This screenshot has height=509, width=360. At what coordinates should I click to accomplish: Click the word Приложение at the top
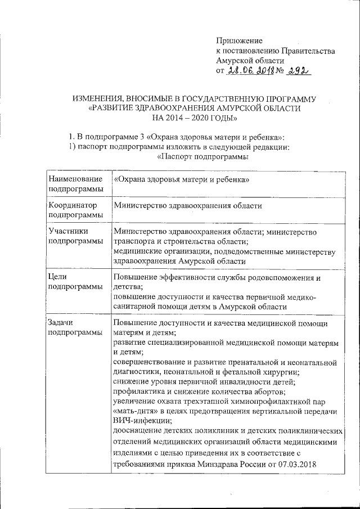(x=240, y=40)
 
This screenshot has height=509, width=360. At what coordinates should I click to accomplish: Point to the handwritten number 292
(x=298, y=71)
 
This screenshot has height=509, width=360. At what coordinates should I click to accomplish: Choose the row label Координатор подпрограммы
(x=76, y=210)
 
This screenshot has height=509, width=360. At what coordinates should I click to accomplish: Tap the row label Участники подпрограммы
(x=76, y=237)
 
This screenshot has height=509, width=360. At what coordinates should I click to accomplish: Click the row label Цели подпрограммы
(x=76, y=282)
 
